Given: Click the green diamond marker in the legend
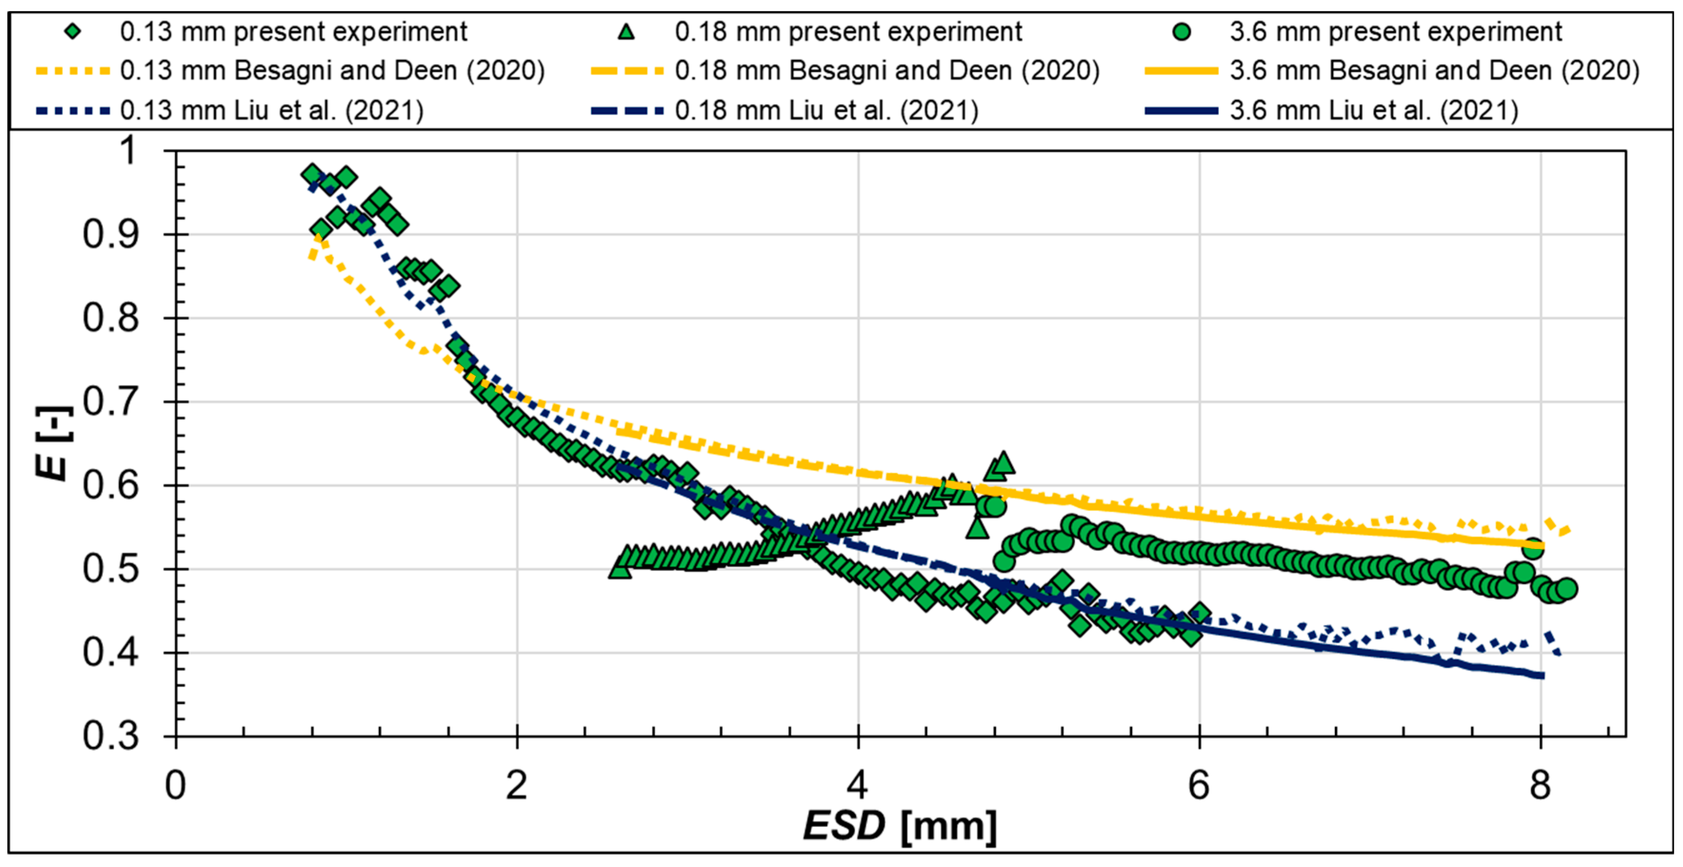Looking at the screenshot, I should point(73,31).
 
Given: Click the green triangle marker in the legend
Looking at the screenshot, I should point(627,31).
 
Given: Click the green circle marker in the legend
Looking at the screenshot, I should point(1181,31).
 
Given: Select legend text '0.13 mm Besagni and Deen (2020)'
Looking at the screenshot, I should point(332,70).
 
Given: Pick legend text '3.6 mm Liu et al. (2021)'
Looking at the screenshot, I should point(1374,110).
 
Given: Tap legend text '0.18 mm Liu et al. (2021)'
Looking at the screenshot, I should point(826,110).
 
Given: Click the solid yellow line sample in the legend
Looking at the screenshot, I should point(1181,70).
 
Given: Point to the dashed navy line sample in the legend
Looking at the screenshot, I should point(627,110).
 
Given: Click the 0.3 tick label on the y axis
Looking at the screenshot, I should point(110,736).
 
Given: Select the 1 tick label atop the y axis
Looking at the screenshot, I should point(129,150).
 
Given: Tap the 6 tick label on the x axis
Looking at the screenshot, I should point(1199,786).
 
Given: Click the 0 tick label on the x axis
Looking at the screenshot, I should point(175,786).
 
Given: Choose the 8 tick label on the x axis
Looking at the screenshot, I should point(1540,786).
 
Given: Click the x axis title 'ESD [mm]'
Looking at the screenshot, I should point(900,826).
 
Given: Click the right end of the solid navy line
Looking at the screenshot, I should point(1542,675).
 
